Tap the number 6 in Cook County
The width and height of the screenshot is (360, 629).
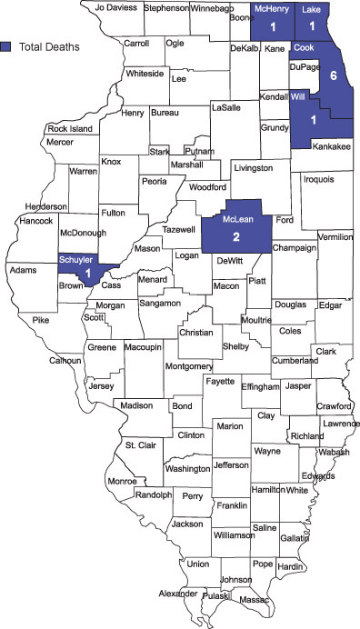[x=334, y=75]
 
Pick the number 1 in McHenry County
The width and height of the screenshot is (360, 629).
[x=273, y=27]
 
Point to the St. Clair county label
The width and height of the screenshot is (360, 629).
[x=141, y=444]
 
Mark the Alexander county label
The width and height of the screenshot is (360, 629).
[x=177, y=594]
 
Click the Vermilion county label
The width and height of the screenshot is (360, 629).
[x=335, y=237]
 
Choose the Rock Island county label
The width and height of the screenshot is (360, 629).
[x=69, y=129]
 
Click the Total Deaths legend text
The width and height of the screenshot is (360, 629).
[x=51, y=45]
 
